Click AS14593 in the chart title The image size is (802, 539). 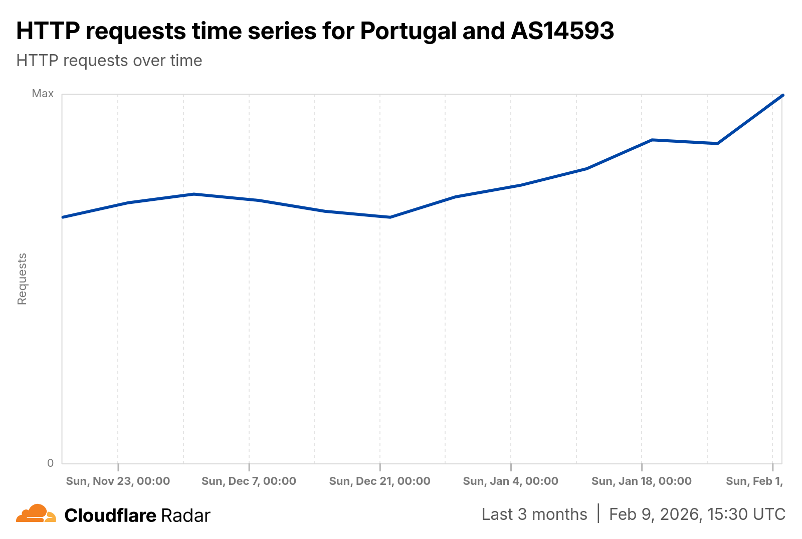click(562, 31)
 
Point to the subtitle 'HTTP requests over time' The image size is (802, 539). click(109, 61)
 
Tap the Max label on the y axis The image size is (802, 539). click(43, 94)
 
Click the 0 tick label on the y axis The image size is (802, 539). click(50, 463)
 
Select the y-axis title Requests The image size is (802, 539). click(22, 279)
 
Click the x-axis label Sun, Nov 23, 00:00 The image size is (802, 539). click(118, 481)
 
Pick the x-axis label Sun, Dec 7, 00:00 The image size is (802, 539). click(249, 481)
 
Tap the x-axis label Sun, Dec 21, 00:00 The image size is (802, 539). click(379, 481)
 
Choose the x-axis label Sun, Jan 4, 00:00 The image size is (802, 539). click(510, 481)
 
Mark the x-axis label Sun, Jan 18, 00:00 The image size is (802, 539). click(641, 481)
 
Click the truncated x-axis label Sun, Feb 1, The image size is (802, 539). click(754, 481)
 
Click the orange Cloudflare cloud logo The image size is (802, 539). click(36, 514)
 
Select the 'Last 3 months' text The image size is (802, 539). click(534, 514)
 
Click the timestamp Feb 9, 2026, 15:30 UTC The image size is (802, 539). click(697, 514)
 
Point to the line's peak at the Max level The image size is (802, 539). click(782, 95)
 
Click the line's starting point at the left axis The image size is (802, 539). click(63, 217)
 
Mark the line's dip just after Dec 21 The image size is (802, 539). click(390, 217)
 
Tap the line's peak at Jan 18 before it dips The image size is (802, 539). click(652, 140)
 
